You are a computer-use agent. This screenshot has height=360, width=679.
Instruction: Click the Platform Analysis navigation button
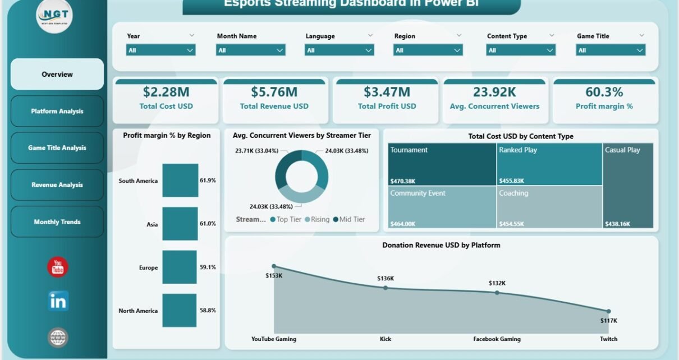tap(57, 111)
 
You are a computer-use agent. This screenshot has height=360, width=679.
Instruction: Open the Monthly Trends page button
tap(57, 222)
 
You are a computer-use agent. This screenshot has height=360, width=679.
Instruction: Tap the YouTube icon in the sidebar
tap(58, 267)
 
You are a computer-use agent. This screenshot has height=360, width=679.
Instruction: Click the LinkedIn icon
tap(58, 301)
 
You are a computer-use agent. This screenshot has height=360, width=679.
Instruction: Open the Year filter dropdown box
tap(161, 50)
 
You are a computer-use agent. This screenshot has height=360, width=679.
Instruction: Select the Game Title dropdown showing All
tap(611, 50)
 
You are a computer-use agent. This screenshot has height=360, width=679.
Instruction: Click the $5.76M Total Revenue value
tap(274, 92)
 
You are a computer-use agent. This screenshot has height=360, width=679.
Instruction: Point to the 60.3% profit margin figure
tap(604, 92)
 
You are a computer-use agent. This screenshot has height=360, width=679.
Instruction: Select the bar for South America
tap(180, 181)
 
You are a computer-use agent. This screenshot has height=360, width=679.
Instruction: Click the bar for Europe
tap(180, 267)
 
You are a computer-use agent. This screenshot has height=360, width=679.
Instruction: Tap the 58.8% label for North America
tap(208, 311)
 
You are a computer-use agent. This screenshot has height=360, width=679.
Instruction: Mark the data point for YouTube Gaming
tap(274, 266)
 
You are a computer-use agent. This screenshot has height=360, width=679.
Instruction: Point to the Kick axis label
tap(386, 339)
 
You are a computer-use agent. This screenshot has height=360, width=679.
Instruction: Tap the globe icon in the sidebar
tap(58, 337)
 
